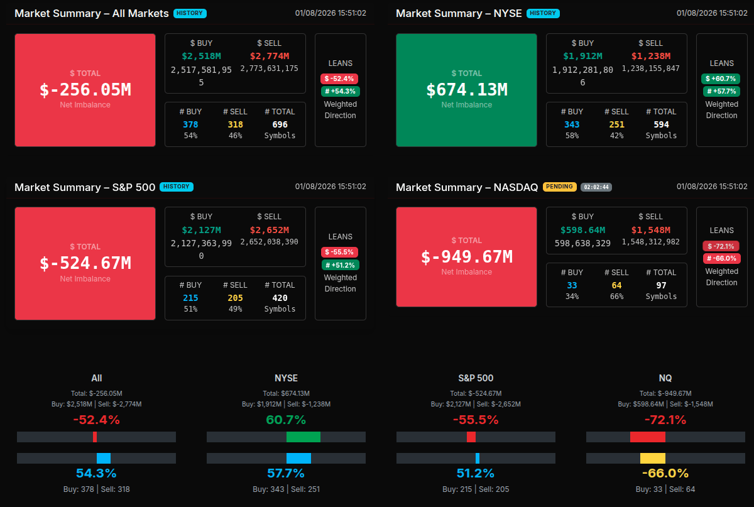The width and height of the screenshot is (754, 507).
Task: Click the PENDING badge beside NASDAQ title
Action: click(x=559, y=187)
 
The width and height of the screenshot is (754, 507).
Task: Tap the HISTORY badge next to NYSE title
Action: click(x=543, y=13)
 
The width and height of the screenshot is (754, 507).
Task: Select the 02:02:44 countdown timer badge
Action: click(x=596, y=187)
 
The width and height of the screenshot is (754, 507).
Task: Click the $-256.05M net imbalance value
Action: click(x=85, y=90)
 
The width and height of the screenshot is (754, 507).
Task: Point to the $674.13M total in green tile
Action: click(x=466, y=90)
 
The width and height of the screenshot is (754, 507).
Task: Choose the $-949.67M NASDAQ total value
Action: click(x=466, y=256)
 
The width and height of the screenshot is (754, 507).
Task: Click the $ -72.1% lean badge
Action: click(x=721, y=246)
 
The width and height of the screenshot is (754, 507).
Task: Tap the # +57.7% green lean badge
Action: click(x=721, y=91)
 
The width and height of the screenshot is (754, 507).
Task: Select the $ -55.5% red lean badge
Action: click(x=340, y=252)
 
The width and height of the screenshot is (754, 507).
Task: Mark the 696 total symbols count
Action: click(x=280, y=124)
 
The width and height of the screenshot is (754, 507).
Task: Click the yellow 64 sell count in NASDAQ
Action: click(x=616, y=285)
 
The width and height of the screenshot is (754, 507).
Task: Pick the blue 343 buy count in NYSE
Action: click(x=572, y=124)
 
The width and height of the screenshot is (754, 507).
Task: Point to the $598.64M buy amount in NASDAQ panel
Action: click(x=582, y=230)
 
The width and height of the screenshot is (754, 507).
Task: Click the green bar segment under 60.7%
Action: click(x=303, y=437)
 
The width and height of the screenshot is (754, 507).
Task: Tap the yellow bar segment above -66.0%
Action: click(x=652, y=458)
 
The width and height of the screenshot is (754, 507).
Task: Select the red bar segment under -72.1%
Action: click(x=647, y=437)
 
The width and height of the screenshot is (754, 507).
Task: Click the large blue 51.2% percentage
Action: click(x=475, y=473)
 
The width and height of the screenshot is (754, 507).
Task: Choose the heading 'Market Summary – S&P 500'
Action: click(x=85, y=187)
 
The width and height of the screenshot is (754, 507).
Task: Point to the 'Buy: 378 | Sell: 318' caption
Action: click(x=96, y=489)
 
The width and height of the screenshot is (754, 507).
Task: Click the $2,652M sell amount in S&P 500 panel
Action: click(x=269, y=230)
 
